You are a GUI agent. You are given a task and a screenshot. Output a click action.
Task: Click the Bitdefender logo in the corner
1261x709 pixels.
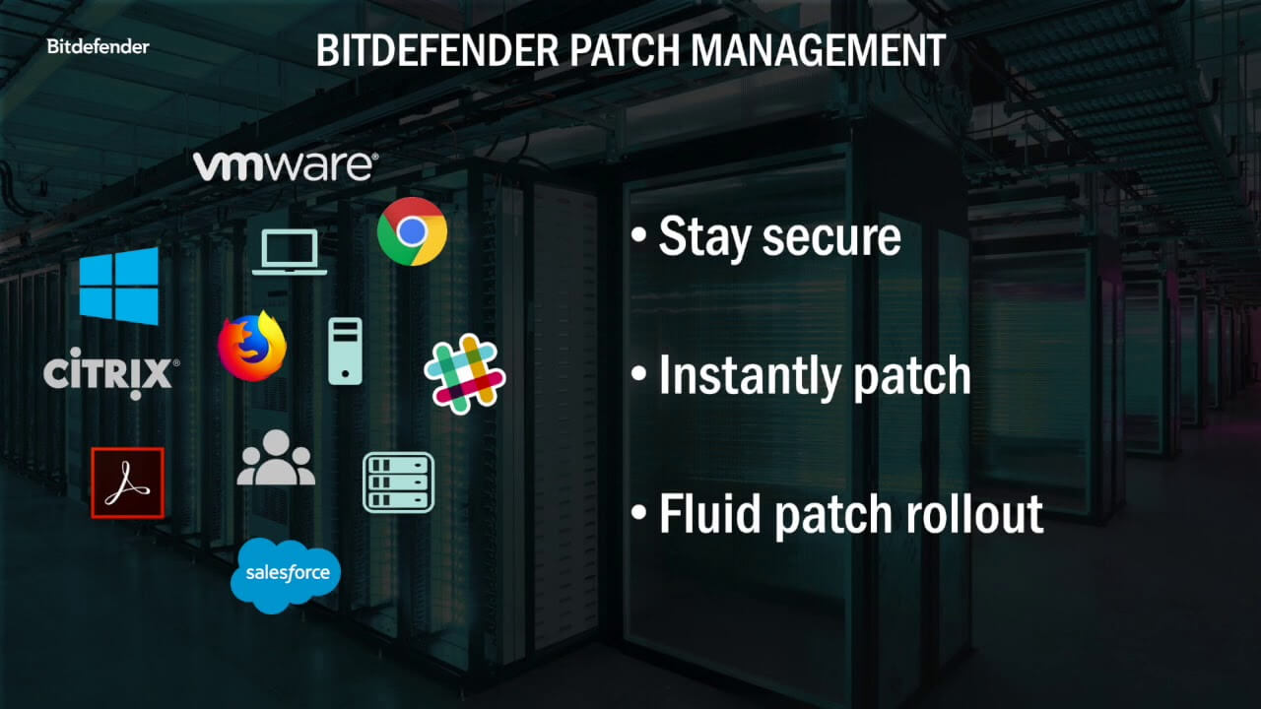(98, 46)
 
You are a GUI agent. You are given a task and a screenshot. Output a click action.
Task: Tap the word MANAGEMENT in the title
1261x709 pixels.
(822, 51)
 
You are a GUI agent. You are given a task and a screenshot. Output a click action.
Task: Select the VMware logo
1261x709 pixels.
(285, 166)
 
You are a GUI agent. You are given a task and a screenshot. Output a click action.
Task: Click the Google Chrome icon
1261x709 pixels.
(412, 231)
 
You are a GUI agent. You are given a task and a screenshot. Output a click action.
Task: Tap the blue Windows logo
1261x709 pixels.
(119, 286)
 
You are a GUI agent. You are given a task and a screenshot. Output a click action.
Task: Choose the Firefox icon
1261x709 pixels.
(252, 348)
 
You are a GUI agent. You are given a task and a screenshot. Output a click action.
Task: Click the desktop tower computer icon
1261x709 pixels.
(345, 351)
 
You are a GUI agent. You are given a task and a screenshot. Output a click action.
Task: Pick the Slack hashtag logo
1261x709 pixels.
(464, 373)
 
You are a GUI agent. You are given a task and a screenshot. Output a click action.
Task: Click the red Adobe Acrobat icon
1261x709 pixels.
(127, 483)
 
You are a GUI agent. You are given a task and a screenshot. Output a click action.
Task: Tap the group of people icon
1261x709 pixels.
(276, 458)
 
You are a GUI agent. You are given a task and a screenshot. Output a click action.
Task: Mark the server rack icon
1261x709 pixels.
(398, 483)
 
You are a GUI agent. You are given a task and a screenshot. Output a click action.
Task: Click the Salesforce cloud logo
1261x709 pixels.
(286, 575)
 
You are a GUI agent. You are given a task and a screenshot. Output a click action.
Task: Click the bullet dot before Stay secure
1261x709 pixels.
(640, 237)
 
